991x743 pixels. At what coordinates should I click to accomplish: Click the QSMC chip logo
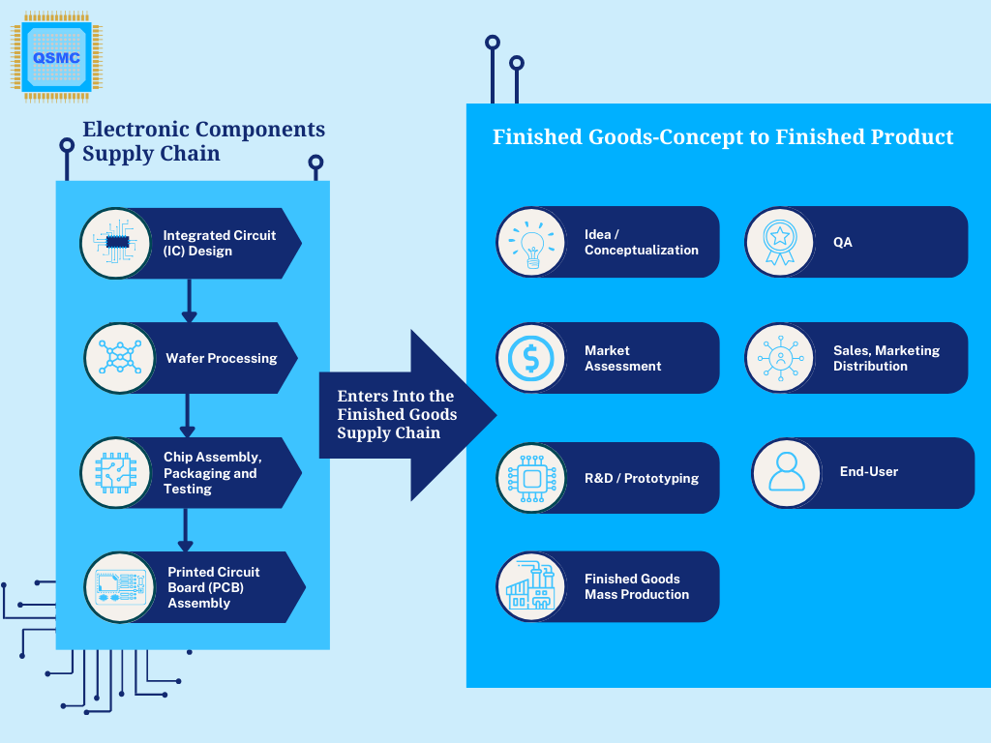point(57,57)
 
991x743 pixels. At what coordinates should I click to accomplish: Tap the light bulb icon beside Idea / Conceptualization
point(532,244)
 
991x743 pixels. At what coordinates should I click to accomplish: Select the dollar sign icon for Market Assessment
point(531,358)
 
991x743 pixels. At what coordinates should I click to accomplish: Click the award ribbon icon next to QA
point(780,242)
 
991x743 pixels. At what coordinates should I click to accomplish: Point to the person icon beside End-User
point(787,472)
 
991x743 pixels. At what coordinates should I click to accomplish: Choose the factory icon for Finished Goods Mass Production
point(531,585)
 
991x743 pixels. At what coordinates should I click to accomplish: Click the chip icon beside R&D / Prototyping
point(532,478)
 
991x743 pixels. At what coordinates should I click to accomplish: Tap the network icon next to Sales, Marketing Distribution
point(781,358)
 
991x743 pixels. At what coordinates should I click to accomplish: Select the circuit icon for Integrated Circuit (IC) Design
point(116,243)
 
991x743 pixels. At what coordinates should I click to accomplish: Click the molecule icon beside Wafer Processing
point(119,358)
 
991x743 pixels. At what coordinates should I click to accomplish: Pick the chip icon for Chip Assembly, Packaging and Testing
point(116,472)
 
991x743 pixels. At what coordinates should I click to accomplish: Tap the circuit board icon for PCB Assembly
point(120,587)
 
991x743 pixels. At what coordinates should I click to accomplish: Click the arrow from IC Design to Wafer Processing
point(189,301)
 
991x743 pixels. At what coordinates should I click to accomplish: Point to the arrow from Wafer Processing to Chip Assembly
point(187,416)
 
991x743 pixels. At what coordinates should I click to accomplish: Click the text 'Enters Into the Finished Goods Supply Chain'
point(397,414)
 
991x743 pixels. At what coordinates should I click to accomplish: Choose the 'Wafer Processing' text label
point(222,358)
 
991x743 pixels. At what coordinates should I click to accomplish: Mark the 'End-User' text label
point(869,471)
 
